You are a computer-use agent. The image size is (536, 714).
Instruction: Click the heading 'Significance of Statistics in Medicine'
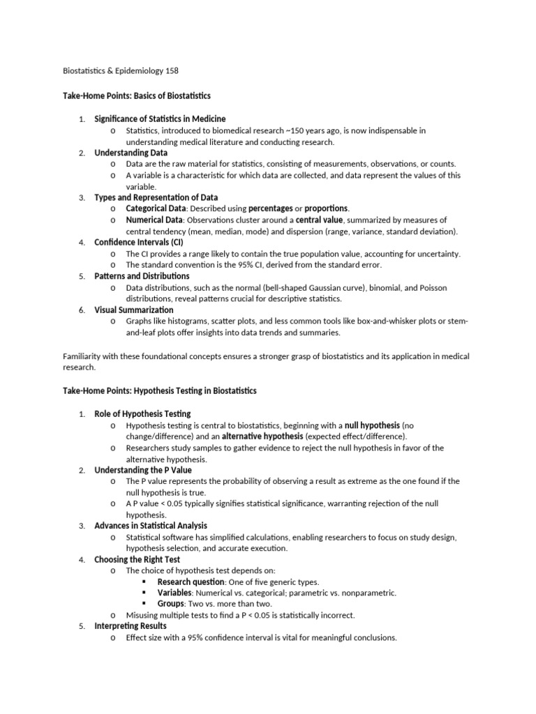click(160, 119)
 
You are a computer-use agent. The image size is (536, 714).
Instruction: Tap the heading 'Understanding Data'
click(131, 153)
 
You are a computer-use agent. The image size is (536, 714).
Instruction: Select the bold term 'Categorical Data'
click(156, 208)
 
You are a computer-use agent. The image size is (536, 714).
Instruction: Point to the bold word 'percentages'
click(271, 208)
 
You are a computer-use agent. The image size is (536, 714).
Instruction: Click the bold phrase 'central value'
click(320, 220)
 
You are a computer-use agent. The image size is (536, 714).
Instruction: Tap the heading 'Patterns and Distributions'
click(142, 276)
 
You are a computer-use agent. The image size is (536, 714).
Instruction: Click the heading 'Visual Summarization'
click(134, 310)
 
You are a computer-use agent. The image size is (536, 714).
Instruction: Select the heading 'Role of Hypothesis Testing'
click(142, 414)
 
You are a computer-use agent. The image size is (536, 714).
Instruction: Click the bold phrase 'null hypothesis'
click(372, 425)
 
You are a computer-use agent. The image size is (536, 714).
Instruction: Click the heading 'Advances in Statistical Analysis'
click(151, 526)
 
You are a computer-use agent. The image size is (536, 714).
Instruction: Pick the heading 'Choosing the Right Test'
click(137, 559)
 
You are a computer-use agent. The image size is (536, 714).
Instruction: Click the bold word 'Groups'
click(172, 604)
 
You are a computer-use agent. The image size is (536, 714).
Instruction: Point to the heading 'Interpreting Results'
click(131, 626)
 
